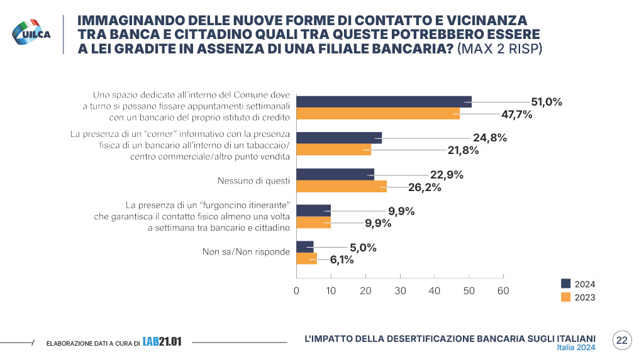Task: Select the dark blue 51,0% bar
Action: click(x=384, y=102)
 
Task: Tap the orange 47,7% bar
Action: click(x=378, y=114)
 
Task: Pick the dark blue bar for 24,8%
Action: click(x=339, y=138)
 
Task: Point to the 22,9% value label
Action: click(x=447, y=175)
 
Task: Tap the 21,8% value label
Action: click(x=462, y=150)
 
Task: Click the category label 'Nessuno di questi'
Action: click(x=253, y=181)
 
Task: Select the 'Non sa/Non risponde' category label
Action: click(x=246, y=252)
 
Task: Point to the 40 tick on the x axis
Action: click(x=434, y=291)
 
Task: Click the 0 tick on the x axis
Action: click(x=296, y=291)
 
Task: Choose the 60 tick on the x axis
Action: click(x=502, y=291)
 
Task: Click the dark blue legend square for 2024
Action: click(x=565, y=283)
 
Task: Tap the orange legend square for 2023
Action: click(x=565, y=297)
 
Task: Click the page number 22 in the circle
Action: click(x=622, y=340)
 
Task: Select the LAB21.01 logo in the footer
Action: click(x=162, y=342)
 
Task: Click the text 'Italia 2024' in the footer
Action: click(x=576, y=348)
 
